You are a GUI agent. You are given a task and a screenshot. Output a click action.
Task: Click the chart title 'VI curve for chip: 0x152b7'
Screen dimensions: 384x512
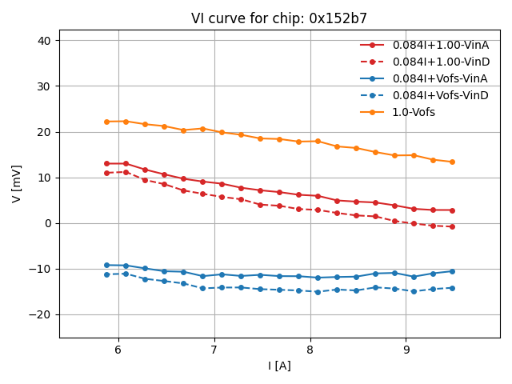279,18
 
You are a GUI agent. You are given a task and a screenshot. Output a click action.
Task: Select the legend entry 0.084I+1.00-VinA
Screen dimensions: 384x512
440,45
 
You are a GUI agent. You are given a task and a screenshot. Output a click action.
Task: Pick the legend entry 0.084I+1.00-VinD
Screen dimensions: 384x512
440,62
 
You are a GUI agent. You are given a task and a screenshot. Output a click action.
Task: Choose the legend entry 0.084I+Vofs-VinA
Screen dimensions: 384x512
440,78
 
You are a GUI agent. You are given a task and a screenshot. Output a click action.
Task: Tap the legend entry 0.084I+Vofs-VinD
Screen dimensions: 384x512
440,95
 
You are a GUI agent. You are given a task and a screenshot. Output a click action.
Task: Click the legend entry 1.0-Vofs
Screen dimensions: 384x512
414,112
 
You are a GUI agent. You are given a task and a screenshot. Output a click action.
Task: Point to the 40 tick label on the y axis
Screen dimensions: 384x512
45,41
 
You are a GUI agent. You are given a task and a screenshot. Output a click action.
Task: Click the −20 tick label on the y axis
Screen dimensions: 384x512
40,314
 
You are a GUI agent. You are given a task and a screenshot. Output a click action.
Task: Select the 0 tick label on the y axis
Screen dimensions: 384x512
50,223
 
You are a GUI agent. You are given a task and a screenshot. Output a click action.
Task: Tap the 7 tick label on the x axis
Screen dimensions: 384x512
214,350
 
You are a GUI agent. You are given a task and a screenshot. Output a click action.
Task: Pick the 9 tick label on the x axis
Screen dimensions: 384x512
406,350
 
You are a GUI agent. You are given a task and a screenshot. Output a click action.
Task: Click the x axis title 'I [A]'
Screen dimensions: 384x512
279,366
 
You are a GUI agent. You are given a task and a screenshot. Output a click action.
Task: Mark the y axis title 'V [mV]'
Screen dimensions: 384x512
17,184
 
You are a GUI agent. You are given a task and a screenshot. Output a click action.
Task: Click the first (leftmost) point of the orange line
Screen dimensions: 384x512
106,122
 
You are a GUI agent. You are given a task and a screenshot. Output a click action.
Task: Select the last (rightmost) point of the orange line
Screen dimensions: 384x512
452,162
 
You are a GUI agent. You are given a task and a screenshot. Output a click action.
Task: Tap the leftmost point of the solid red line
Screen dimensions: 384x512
106,163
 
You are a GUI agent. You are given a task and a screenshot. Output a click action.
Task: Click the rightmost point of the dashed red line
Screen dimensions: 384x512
452,226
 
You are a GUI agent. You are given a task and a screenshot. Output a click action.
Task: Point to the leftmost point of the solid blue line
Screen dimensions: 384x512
106,265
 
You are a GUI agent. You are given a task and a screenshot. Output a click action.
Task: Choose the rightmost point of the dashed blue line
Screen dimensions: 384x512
452,288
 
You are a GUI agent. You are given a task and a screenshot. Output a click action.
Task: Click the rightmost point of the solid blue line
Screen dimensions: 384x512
452,271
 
